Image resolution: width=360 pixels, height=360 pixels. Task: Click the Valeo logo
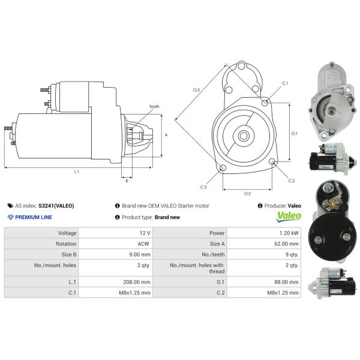289,217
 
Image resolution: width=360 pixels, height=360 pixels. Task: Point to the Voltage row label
67,233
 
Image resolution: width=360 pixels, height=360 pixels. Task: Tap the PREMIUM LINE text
34,217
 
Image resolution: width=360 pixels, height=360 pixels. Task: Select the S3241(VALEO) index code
56,206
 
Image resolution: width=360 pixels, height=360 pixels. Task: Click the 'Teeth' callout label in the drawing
154,107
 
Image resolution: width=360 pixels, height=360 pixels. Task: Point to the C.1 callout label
285,83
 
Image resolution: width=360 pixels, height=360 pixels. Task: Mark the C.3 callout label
203,187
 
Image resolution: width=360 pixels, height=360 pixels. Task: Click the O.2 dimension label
247,194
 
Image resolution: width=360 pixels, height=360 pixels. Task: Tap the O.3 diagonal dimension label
196,90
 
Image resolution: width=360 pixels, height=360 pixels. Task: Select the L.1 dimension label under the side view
76,172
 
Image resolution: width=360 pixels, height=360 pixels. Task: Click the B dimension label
127,181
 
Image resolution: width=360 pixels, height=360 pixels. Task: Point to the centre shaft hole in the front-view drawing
244,136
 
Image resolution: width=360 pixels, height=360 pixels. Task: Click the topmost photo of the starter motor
332,101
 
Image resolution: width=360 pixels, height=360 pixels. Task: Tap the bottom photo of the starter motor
332,283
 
